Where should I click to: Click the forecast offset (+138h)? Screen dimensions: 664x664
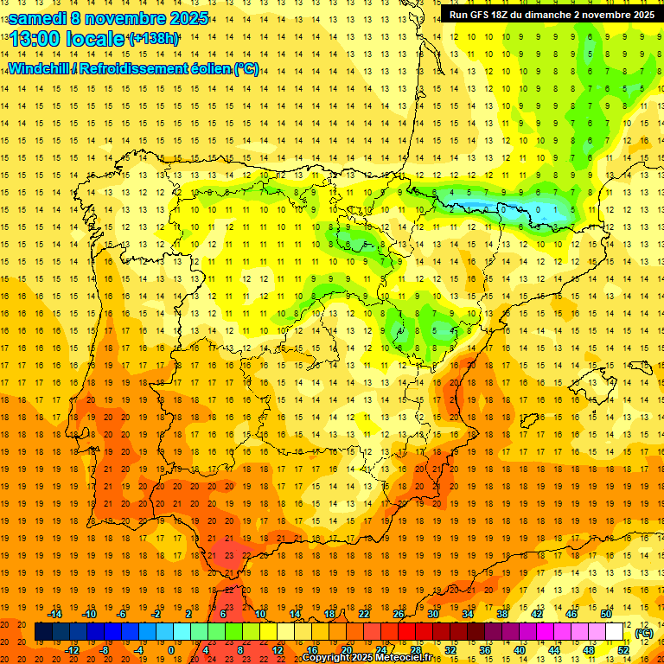click(x=153, y=39)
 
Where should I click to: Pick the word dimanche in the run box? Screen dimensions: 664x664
click(x=550, y=15)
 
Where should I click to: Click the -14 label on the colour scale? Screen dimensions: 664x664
click(x=55, y=614)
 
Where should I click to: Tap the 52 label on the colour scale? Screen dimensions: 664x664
click(x=623, y=650)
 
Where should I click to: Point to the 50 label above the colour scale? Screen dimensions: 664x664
click(x=606, y=614)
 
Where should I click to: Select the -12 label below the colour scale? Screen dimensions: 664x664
click(x=73, y=650)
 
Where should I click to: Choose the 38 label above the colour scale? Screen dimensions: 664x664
click(x=502, y=614)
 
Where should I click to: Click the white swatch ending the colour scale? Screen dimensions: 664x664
click(x=615, y=632)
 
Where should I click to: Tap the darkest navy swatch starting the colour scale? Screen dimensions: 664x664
click(x=42, y=632)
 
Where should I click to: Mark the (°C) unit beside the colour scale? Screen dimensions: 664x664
click(x=644, y=632)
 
